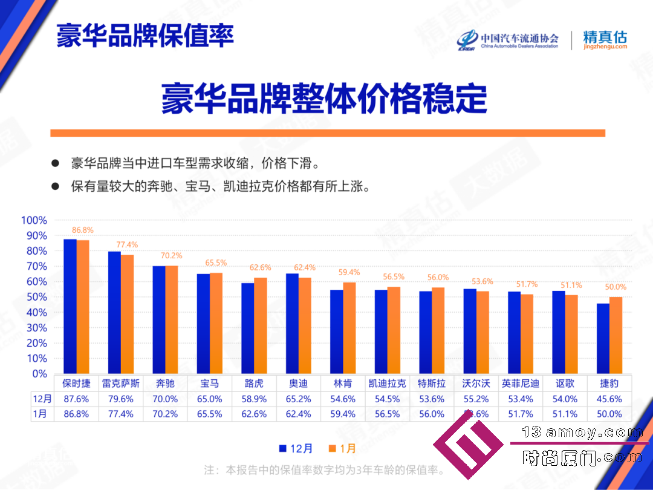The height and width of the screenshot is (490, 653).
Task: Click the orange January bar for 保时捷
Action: coord(83,307)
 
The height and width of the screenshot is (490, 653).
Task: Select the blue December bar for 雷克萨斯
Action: coord(114,313)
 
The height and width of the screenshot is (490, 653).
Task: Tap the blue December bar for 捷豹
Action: coord(603,338)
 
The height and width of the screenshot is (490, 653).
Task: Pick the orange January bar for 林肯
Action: coord(349,328)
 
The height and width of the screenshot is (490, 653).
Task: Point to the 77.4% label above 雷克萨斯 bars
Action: coord(127,244)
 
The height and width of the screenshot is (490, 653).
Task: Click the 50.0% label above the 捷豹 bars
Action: coord(616,287)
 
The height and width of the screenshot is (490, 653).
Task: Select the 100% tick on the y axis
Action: coord(34,220)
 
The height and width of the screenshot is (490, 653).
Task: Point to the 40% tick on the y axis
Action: coord(37,312)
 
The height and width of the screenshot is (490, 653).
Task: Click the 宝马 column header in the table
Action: coord(209,384)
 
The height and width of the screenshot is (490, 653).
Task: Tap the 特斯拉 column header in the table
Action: coord(432,384)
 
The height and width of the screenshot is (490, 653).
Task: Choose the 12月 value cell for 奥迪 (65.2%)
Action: coord(298,399)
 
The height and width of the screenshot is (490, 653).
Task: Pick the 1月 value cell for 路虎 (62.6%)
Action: coord(254,414)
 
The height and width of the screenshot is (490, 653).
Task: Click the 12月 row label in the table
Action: coord(42,399)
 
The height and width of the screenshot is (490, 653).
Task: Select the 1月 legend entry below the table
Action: coord(342,448)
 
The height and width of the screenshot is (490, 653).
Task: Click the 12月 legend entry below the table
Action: coord(296,448)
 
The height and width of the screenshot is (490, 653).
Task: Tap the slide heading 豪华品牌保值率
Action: coord(145,36)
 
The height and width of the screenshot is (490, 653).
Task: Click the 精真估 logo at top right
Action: coord(605,39)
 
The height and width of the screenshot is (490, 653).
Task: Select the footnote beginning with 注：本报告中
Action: coord(325,470)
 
